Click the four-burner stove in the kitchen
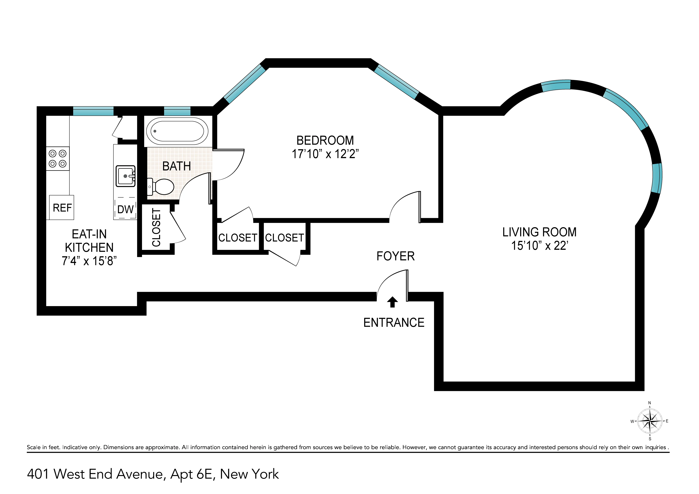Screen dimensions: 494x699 click(57, 159)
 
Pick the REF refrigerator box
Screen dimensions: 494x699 click(62, 208)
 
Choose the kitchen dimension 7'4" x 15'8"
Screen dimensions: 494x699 click(89, 261)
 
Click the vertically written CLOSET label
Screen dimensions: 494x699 click(156, 227)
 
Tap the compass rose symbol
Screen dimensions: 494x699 click(650, 421)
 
